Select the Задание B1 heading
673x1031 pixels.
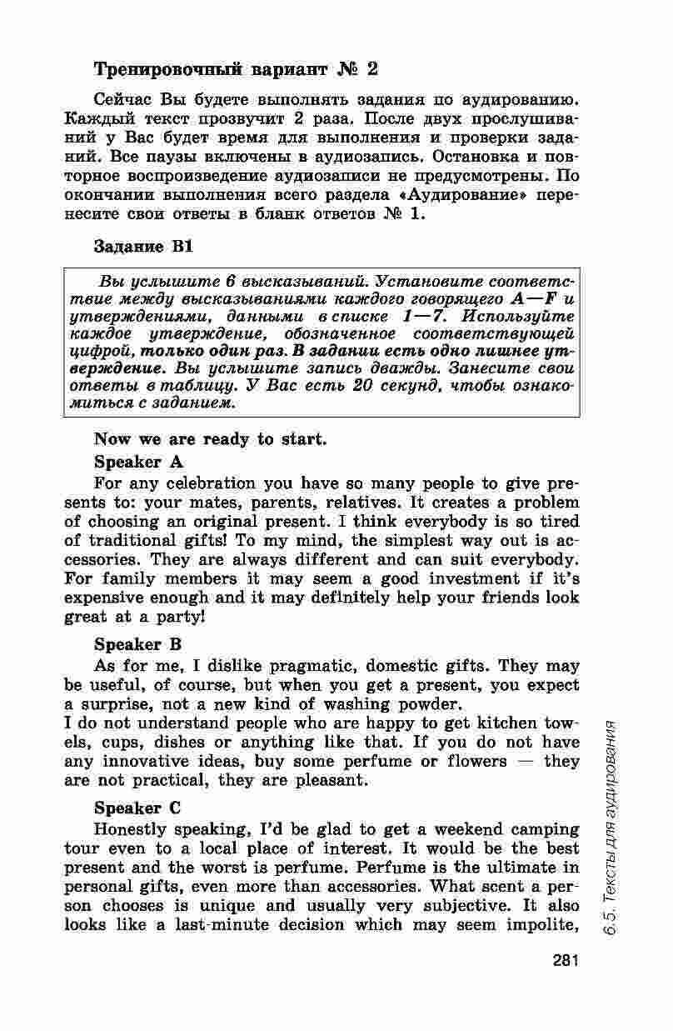tap(143, 247)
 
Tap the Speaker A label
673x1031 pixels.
tap(138, 462)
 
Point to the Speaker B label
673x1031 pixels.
tap(138, 644)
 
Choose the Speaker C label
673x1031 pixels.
tap(138, 808)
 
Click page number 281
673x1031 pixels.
tap(564, 960)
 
